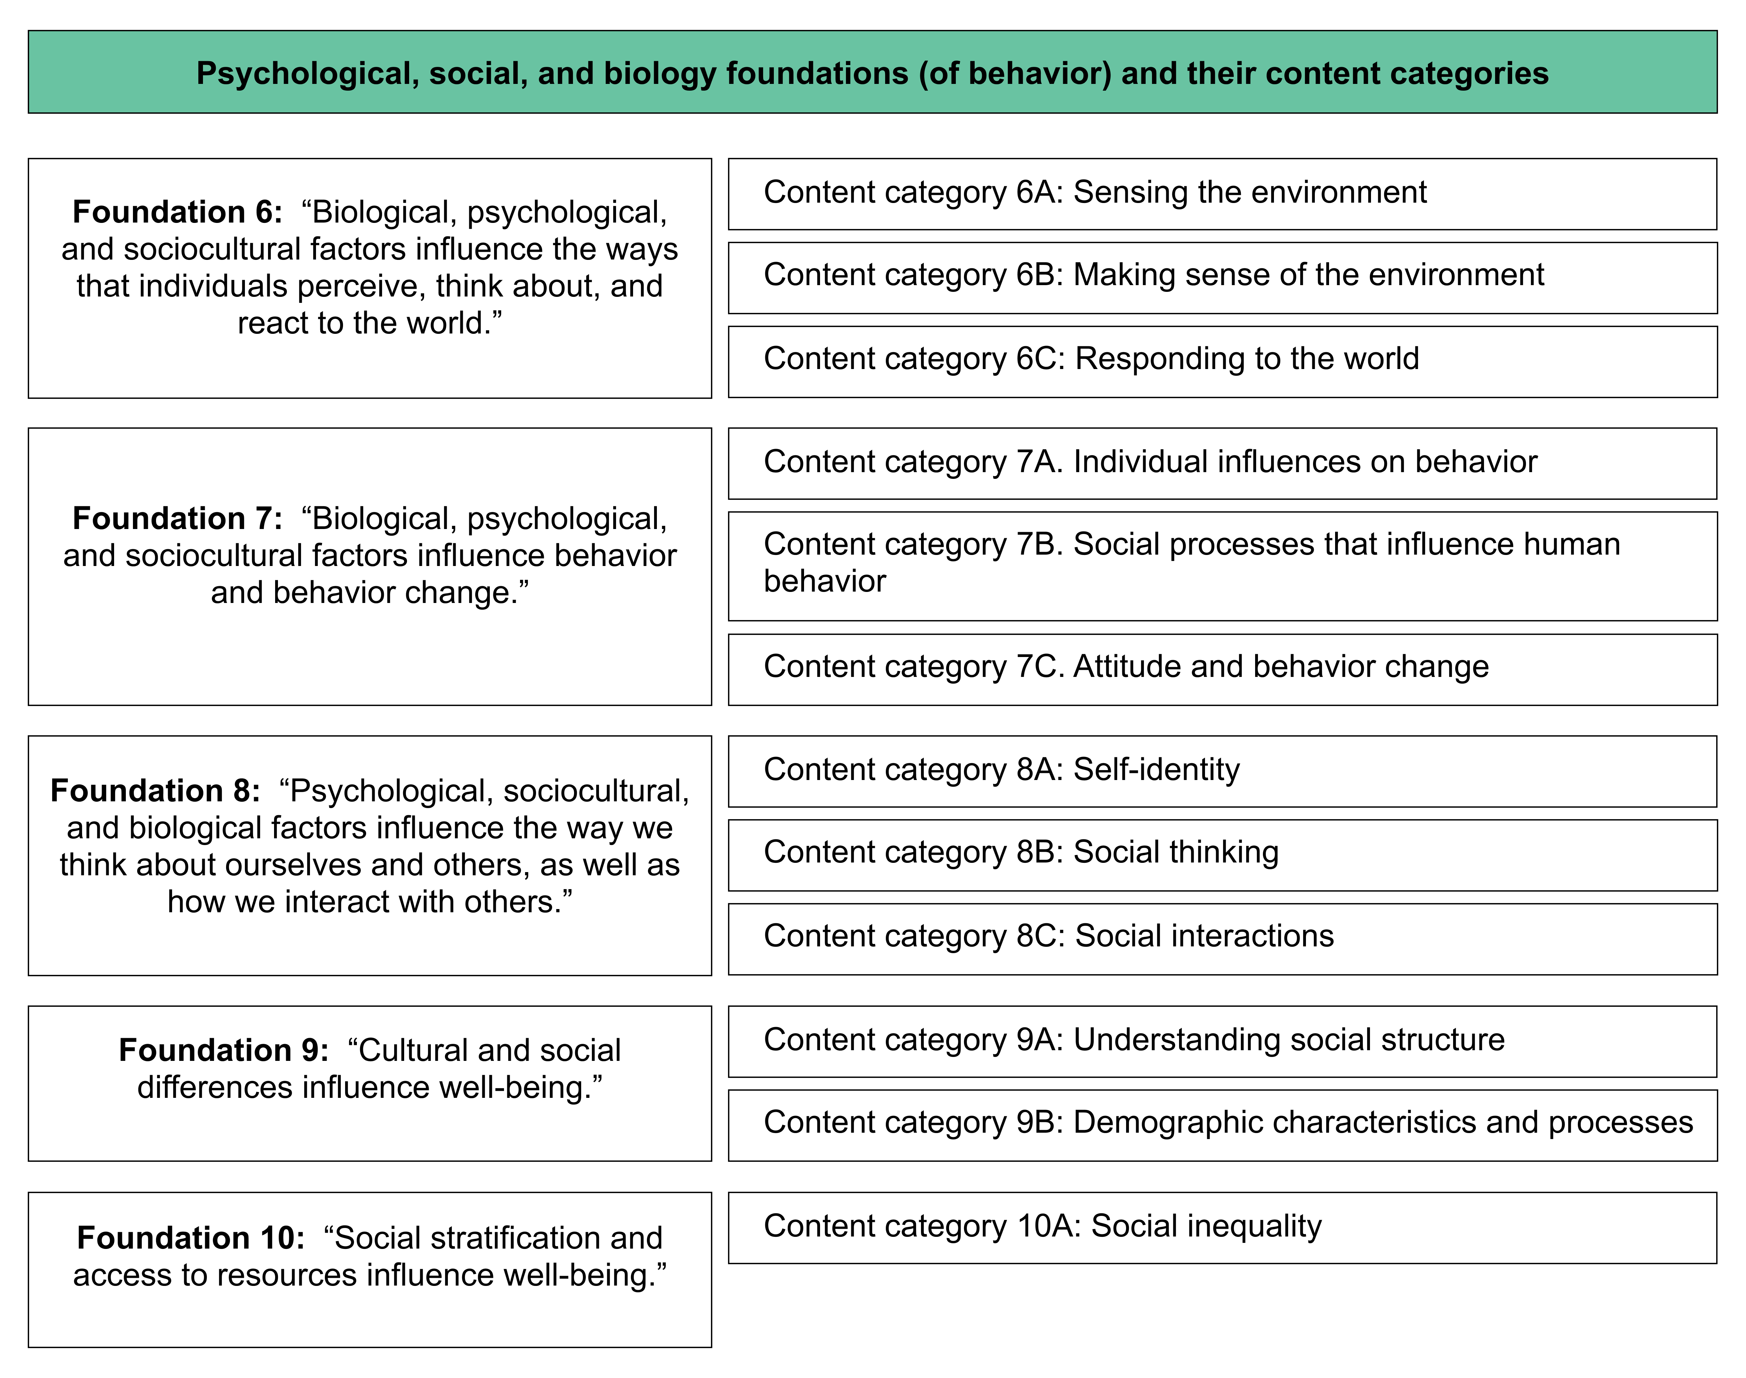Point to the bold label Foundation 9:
point(223,1051)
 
